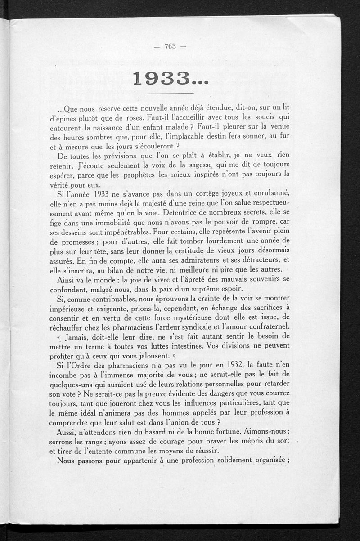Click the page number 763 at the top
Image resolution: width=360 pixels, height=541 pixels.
point(170,46)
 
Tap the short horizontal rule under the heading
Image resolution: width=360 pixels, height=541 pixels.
point(170,93)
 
